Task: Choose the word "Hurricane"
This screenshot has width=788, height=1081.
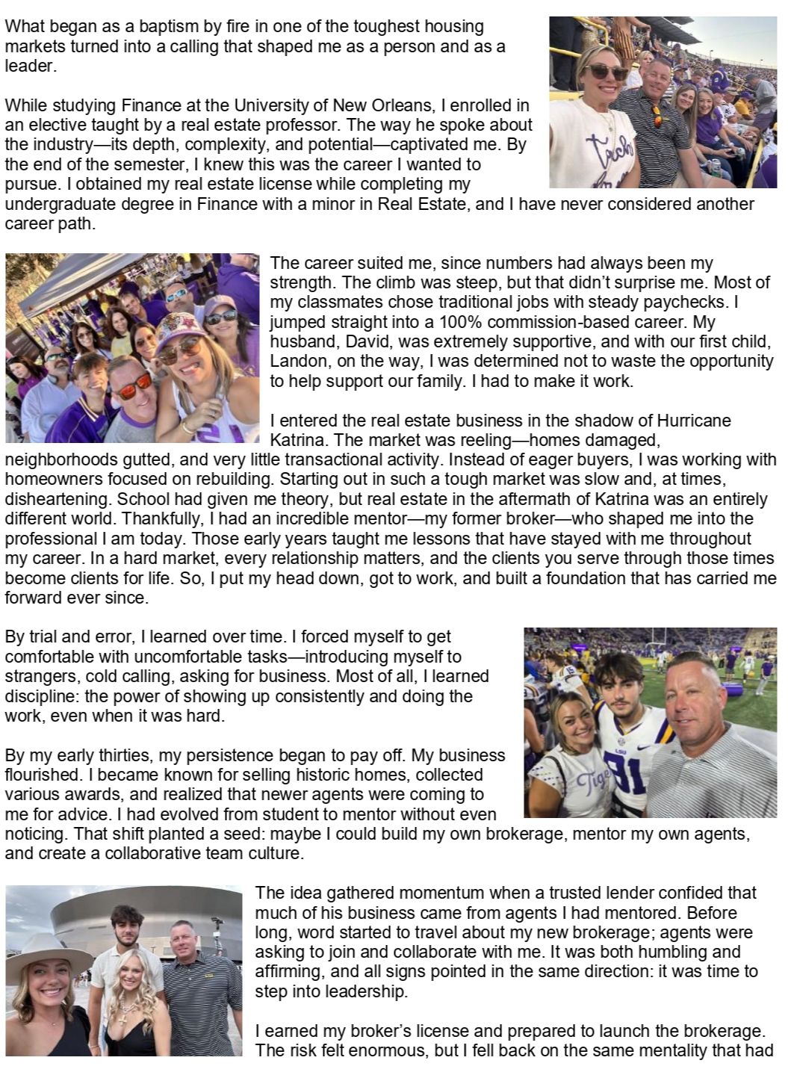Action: click(696, 421)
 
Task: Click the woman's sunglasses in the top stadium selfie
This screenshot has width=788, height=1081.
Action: click(605, 72)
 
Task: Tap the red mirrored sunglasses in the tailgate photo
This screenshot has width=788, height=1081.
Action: click(136, 389)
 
